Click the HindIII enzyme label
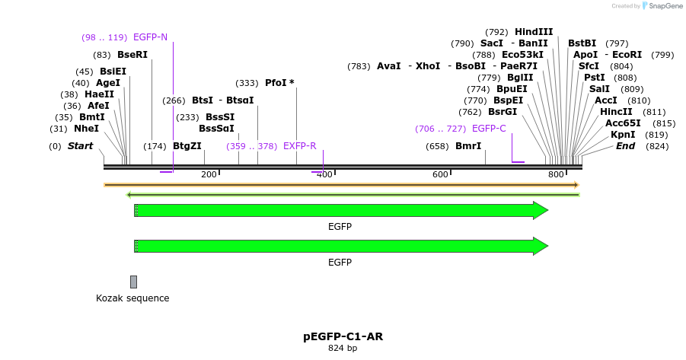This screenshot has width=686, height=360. (x=534, y=32)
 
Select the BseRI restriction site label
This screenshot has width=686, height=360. (x=132, y=55)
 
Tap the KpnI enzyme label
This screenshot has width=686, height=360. (x=623, y=135)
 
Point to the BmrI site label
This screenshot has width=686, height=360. (x=467, y=146)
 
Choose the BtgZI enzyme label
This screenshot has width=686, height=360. (x=187, y=146)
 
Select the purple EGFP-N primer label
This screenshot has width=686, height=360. (x=150, y=37)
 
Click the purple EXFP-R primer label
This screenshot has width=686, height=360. (x=299, y=146)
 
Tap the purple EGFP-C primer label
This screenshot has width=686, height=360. (x=489, y=129)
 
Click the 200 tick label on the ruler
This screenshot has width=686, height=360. (x=209, y=175)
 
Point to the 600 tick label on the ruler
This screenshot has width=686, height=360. (x=440, y=175)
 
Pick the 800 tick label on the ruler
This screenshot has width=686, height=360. (x=556, y=175)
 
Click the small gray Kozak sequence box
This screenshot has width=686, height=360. (x=133, y=282)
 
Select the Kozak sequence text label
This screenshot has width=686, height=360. (x=132, y=298)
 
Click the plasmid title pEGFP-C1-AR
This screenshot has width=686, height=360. (x=342, y=336)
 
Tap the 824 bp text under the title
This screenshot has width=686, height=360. (x=342, y=349)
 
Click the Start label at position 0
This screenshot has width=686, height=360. (x=81, y=146)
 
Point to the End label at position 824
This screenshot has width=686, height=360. (x=625, y=146)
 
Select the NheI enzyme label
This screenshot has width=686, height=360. (x=86, y=129)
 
